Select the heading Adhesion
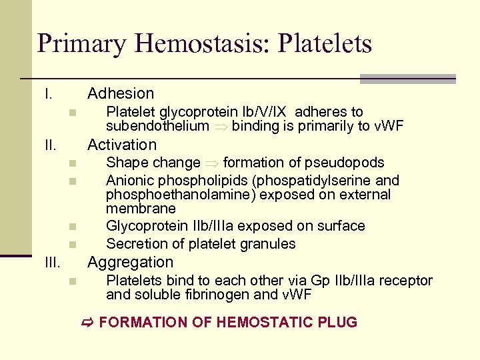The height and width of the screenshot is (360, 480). click(x=121, y=93)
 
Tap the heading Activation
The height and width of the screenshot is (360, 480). click(x=122, y=145)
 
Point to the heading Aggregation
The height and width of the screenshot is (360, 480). click(x=130, y=262)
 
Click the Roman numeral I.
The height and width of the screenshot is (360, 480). click(x=48, y=94)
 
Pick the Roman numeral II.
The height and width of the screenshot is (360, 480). click(x=51, y=145)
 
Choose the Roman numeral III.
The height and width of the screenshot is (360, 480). click(x=53, y=262)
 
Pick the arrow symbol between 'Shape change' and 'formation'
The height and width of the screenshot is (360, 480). click(x=211, y=163)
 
